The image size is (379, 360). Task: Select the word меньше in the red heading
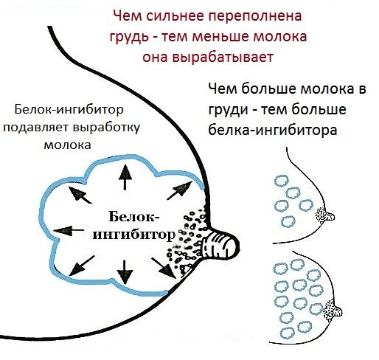220,36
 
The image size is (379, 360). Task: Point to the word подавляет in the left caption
37,128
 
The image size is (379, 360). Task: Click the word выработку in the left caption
107,128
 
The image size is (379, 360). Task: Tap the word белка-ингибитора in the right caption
273,130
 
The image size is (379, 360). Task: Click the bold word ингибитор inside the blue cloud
134,235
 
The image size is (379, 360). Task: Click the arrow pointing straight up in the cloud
125,177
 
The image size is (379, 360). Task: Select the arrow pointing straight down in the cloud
125,272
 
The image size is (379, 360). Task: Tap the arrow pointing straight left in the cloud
69,230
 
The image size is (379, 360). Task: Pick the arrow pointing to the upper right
180,190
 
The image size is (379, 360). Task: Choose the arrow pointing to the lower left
82,266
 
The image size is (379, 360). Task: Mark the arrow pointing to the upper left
80,195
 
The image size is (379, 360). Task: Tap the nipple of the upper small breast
329,217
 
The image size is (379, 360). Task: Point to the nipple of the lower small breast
336,312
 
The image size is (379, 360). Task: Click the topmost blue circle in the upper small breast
282,181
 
